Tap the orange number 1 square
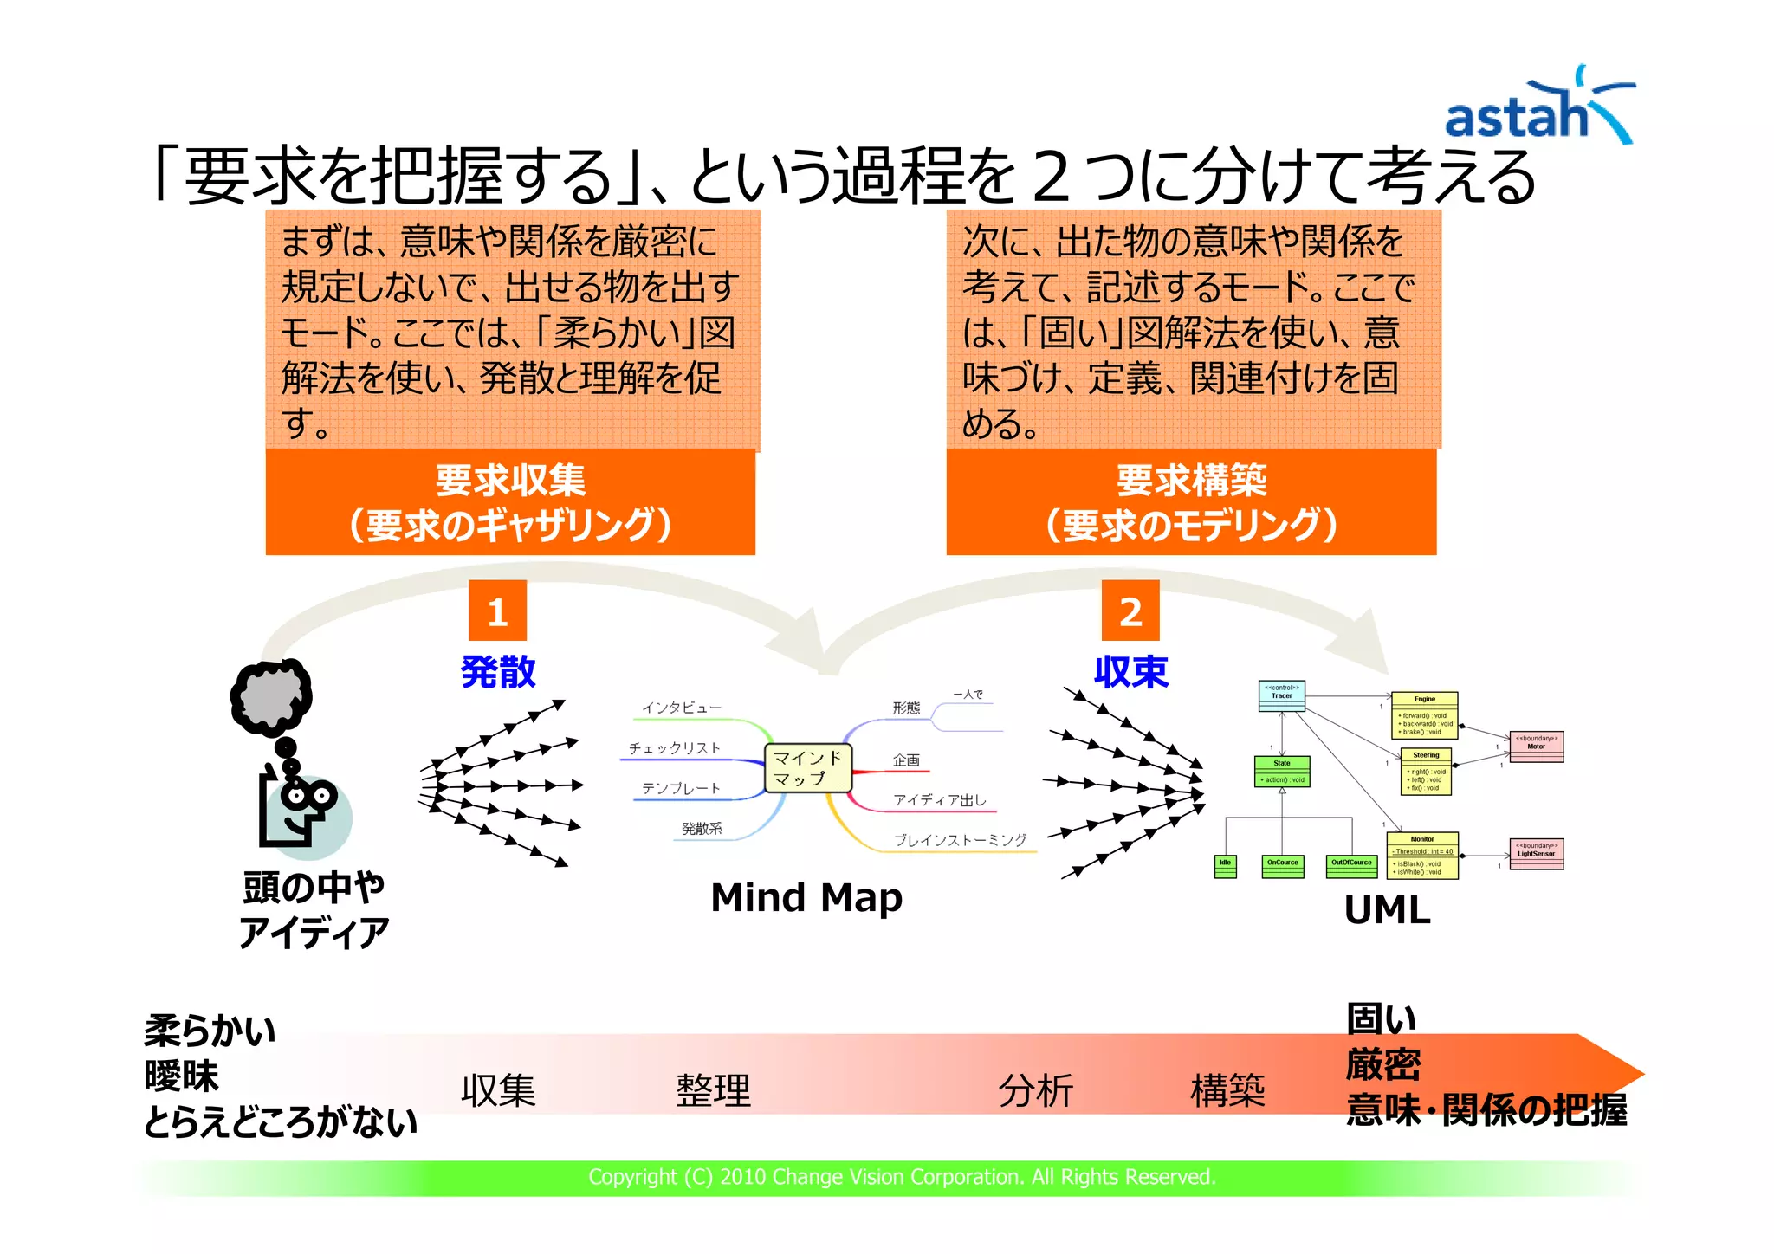[x=497, y=611]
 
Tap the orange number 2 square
[x=1130, y=611]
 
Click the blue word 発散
[x=498, y=672]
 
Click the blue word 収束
[x=1130, y=672]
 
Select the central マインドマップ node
[x=807, y=768]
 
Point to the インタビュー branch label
[x=682, y=708]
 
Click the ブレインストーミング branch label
[x=960, y=840]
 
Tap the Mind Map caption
[x=806, y=897]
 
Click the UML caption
[x=1387, y=910]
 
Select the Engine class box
[x=1424, y=715]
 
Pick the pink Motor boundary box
[x=1536, y=747]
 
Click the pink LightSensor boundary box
[x=1536, y=854]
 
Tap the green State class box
[x=1282, y=772]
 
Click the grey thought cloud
[x=271, y=695]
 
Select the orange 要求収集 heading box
[x=510, y=502]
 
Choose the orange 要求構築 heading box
[x=1191, y=502]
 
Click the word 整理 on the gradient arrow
[x=713, y=1090]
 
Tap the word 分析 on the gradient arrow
[x=1035, y=1090]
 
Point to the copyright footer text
[x=902, y=1177]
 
